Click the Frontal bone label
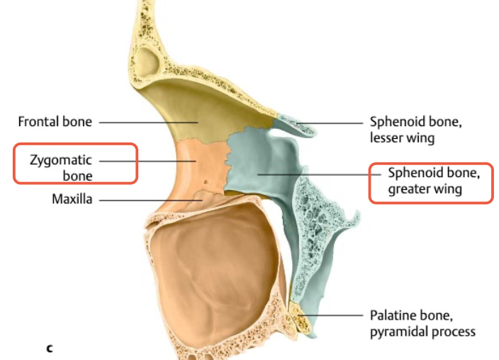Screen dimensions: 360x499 pos(55,122)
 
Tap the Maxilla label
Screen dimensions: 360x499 pos(72,199)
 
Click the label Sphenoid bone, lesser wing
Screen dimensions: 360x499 pos(415,129)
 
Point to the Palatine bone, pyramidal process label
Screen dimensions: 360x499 pos(422,322)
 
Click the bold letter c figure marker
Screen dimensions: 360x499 pos(49,347)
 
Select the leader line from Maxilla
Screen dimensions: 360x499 pos(149,199)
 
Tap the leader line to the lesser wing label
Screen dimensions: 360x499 pos(333,122)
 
